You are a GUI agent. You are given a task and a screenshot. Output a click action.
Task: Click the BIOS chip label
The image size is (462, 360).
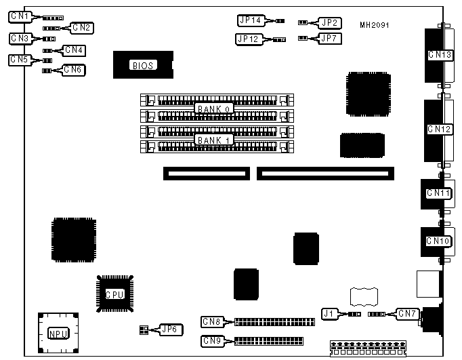click(x=144, y=66)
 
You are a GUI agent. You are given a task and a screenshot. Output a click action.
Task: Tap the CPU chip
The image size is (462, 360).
click(x=114, y=294)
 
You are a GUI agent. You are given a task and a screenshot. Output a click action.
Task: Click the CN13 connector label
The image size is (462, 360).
click(x=439, y=55)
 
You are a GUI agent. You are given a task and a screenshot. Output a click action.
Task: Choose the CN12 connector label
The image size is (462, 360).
click(x=439, y=129)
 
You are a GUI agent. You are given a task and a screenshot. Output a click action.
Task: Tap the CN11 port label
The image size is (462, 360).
click(x=438, y=194)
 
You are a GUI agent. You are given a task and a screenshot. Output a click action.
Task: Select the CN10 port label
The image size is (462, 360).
click(x=438, y=241)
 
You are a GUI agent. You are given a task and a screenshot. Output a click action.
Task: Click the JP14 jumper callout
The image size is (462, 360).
click(x=252, y=21)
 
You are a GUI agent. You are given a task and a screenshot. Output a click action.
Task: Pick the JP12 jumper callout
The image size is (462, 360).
click(x=250, y=39)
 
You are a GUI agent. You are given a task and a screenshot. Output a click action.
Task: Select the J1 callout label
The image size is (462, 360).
click(x=329, y=313)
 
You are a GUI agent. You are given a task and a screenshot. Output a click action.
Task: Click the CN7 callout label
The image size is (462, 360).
click(x=408, y=314)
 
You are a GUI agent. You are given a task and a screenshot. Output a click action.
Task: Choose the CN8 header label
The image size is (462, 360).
click(x=212, y=321)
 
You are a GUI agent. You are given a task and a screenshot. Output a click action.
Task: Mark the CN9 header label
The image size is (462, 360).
click(x=212, y=340)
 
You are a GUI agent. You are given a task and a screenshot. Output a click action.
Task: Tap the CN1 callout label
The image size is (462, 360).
click(x=21, y=16)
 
